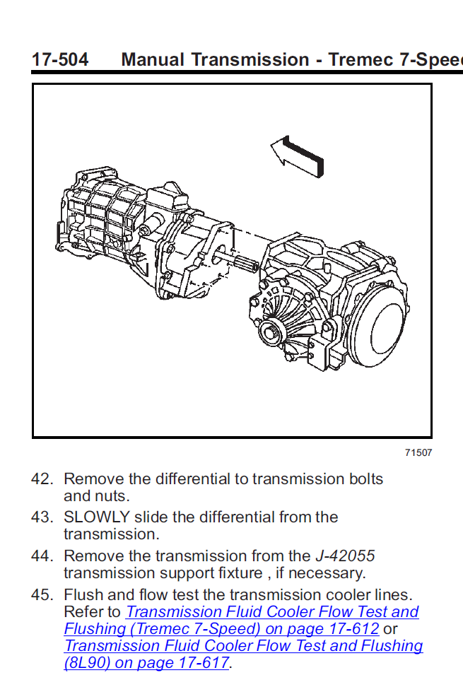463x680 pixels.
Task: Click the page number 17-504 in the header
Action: (x=60, y=59)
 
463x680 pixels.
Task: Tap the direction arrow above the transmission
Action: (x=298, y=153)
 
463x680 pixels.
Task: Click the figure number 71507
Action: (x=418, y=453)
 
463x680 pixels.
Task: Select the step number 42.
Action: (x=42, y=479)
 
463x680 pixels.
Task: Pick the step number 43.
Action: (x=42, y=517)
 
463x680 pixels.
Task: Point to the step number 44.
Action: (x=42, y=556)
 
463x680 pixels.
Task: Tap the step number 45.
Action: (x=42, y=595)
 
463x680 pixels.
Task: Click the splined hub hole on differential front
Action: (x=273, y=331)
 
